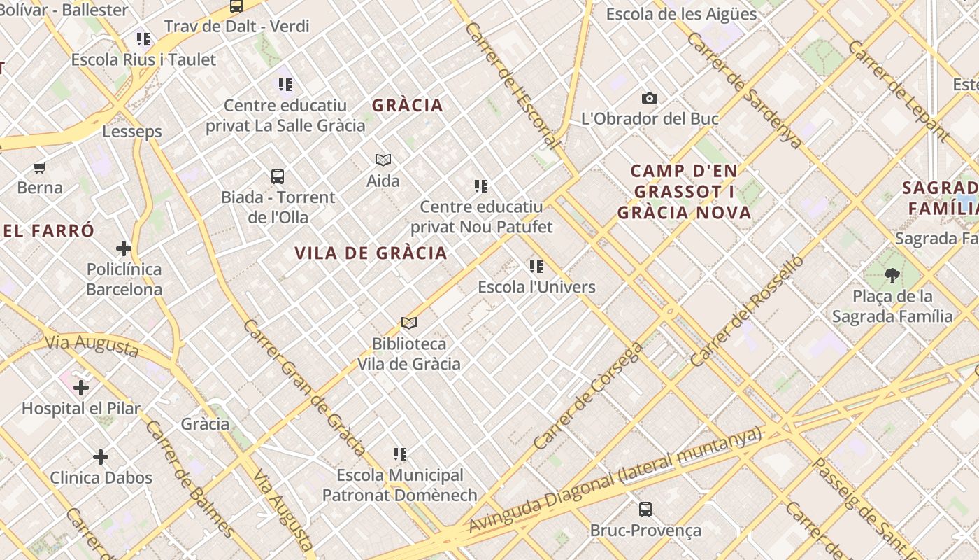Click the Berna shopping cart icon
[x=40, y=167]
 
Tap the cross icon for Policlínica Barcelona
[x=124, y=248]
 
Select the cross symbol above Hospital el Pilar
[x=81, y=387]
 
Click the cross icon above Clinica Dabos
[x=101, y=457]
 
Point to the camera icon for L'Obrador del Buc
[x=650, y=99]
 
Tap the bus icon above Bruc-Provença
[x=645, y=510]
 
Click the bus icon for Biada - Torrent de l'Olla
[x=278, y=176]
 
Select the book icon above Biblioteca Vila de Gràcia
[x=409, y=323]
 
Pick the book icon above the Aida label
[x=383, y=160]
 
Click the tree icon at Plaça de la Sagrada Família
[x=892, y=276]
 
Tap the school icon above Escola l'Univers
[x=536, y=266]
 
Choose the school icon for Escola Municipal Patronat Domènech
[x=400, y=454]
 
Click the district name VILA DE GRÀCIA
[x=371, y=253]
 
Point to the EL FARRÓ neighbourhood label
[x=48, y=230]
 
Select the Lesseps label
[x=132, y=132]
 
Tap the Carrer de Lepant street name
[x=899, y=90]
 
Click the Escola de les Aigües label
[x=681, y=14]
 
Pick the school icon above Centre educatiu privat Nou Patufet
[x=481, y=186]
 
